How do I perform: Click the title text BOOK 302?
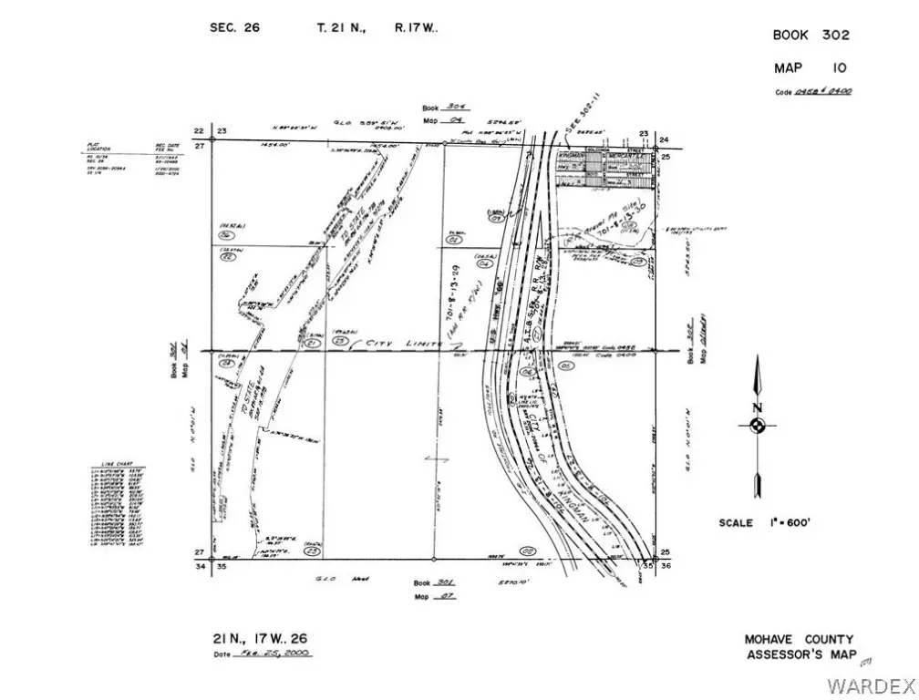[x=811, y=36]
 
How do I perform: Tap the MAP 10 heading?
[x=810, y=67]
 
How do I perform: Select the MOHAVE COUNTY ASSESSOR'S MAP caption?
[x=800, y=647]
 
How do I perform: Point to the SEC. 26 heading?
[x=234, y=27]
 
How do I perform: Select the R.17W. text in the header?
[x=416, y=27]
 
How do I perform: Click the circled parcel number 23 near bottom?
[x=314, y=551]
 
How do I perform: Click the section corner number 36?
[x=666, y=566]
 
